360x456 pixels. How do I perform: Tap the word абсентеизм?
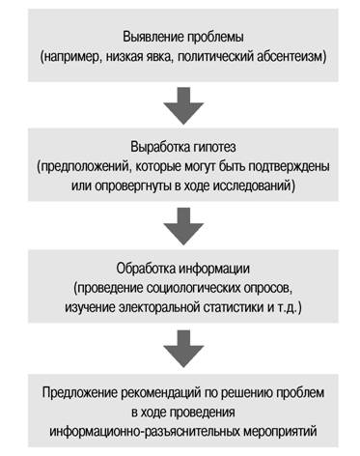(x=291, y=57)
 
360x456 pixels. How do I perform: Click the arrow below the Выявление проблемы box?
(x=183, y=105)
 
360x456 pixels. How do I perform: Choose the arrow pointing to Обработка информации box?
(x=183, y=226)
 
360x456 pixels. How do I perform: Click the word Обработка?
(x=146, y=269)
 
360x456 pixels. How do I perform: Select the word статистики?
(x=234, y=307)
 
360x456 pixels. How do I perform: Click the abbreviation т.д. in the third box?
(x=287, y=307)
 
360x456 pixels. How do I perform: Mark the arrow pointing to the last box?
(x=183, y=349)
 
